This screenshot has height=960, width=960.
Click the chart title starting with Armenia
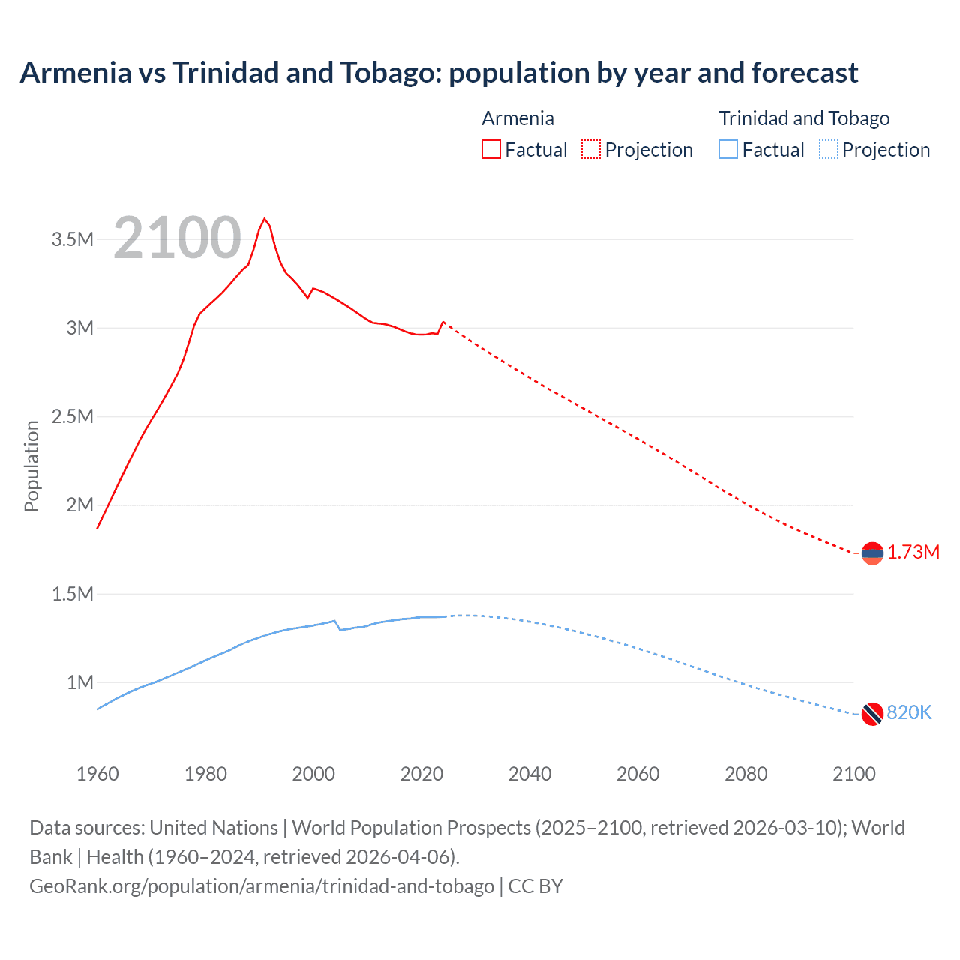(x=439, y=73)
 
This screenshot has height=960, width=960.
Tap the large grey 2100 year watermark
(x=177, y=238)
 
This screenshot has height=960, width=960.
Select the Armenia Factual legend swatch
(x=490, y=150)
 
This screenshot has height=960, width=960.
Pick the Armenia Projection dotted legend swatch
(x=591, y=150)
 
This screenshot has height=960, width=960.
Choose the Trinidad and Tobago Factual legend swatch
(x=728, y=150)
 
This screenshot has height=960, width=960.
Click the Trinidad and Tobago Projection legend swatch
(x=828, y=150)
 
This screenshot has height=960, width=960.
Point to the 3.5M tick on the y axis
(x=73, y=240)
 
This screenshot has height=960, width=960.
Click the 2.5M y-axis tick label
(x=73, y=417)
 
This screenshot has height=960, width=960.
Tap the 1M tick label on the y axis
(x=79, y=683)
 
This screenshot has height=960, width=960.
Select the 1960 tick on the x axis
(x=97, y=774)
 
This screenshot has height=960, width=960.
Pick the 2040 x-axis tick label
(x=529, y=774)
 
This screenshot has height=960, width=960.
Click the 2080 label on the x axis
(x=745, y=774)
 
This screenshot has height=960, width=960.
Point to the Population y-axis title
(x=31, y=466)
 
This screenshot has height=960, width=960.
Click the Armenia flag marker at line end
(x=871, y=553)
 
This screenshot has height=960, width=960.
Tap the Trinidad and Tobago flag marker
(x=871, y=714)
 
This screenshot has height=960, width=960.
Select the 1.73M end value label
(x=913, y=553)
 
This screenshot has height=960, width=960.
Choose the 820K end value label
(x=909, y=713)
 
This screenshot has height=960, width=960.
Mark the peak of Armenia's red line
(x=264, y=219)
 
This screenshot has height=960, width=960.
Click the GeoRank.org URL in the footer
(x=262, y=886)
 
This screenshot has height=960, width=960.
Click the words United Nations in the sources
(x=214, y=828)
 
